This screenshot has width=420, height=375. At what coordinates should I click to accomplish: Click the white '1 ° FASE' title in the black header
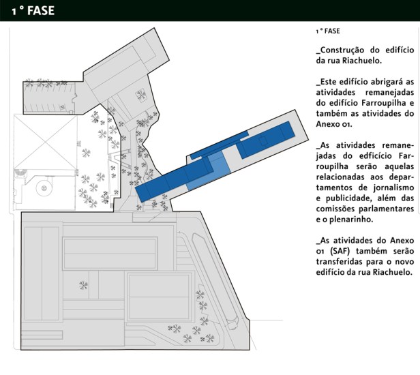(32, 10)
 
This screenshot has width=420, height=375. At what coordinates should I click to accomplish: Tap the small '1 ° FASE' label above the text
(328, 31)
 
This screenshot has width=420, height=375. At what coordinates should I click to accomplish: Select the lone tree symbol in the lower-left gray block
(83, 284)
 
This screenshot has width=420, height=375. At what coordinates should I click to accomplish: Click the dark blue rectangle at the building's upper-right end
(279, 131)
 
